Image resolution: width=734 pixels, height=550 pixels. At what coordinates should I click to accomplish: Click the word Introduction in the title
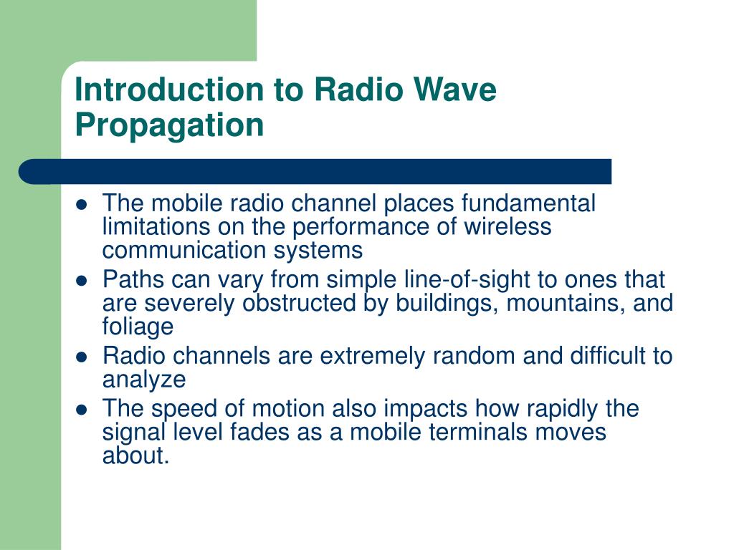point(168,91)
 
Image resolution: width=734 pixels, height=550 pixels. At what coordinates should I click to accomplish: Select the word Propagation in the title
point(170,125)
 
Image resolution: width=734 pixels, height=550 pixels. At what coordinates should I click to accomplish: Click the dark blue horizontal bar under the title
point(315,171)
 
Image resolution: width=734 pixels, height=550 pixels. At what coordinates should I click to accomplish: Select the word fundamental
point(528,204)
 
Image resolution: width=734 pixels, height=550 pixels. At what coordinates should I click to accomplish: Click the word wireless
point(508,227)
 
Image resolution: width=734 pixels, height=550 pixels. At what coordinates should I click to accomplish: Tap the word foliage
point(138,327)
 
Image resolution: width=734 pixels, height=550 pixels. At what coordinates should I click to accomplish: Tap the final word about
point(135,455)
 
